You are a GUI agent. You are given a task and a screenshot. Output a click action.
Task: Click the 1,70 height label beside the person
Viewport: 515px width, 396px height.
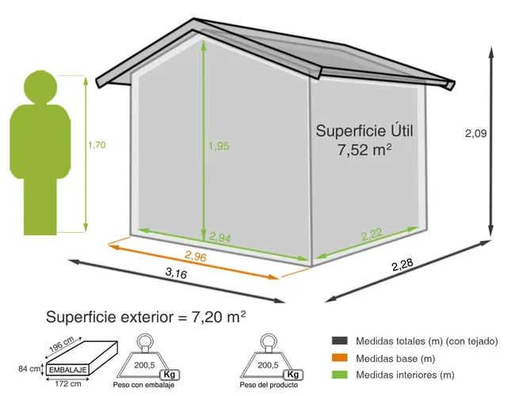click(x=96, y=145)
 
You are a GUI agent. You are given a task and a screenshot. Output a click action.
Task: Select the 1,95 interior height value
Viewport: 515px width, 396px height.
click(x=218, y=147)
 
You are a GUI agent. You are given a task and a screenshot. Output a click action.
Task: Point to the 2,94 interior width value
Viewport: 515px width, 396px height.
click(x=221, y=236)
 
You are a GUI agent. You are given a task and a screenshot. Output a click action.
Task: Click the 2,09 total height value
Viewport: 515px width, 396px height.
click(x=475, y=134)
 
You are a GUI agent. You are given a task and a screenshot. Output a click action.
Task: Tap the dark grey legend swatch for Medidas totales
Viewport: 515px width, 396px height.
click(x=341, y=341)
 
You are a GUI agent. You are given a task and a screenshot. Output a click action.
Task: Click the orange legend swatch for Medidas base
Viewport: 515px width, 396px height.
click(x=341, y=358)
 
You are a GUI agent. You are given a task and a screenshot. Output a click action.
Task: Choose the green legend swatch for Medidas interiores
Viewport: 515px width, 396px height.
click(x=341, y=375)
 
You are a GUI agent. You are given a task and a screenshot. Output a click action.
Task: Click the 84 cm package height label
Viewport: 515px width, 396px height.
click(x=29, y=368)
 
